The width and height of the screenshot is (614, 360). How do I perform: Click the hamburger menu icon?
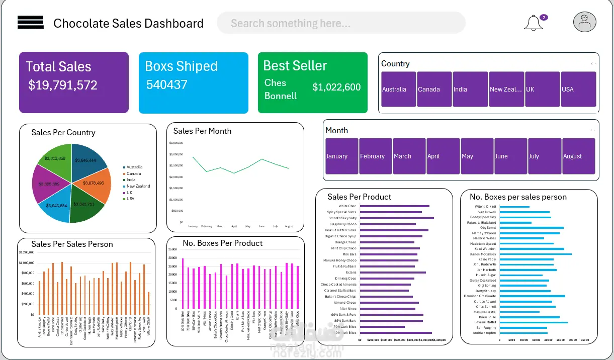pyautogui.click(x=31, y=23)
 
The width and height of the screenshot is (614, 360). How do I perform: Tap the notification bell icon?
pyautogui.click(x=533, y=23)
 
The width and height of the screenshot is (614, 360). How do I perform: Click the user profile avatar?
pyautogui.click(x=584, y=22)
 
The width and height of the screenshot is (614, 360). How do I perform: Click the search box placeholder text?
pyautogui.click(x=290, y=23)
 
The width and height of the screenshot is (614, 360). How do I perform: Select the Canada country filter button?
pyautogui.click(x=434, y=89)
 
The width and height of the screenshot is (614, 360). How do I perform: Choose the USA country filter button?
pyautogui.click(x=578, y=89)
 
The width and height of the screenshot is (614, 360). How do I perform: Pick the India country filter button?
pyautogui.click(x=470, y=89)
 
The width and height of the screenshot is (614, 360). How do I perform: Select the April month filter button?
pyautogui.click(x=443, y=156)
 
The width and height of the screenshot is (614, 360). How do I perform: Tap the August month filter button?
pyautogui.click(x=578, y=156)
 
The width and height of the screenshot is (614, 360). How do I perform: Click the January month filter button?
pyautogui.click(x=341, y=156)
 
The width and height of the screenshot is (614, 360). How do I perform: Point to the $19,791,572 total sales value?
pyautogui.click(x=63, y=85)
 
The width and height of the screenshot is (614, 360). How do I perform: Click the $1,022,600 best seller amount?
pyautogui.click(x=336, y=87)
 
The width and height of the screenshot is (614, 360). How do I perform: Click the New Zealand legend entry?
pyautogui.click(x=137, y=186)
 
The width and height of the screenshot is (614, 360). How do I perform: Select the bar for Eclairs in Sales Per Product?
pyautogui.click(x=393, y=273)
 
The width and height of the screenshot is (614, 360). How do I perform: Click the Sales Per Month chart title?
pyautogui.click(x=202, y=131)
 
